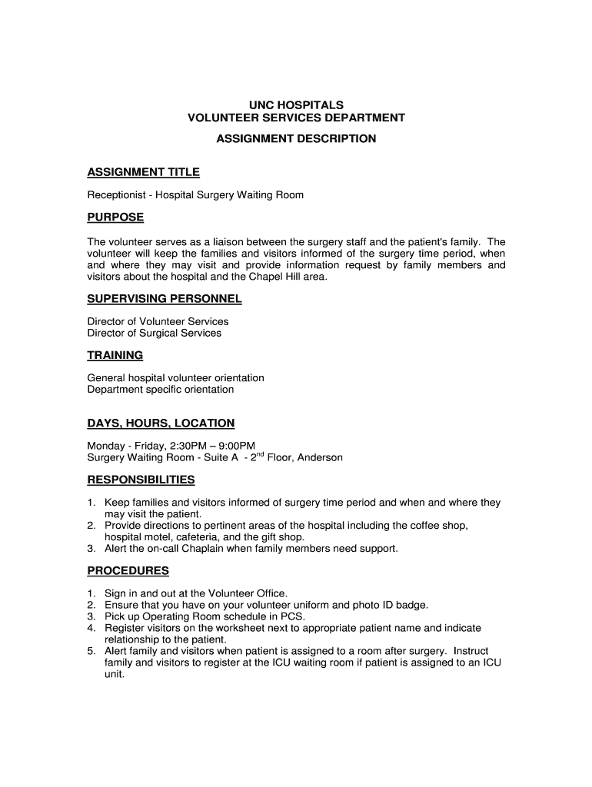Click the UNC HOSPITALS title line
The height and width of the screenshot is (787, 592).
pyautogui.click(x=296, y=105)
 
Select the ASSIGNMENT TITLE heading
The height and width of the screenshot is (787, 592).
pyautogui.click(x=143, y=172)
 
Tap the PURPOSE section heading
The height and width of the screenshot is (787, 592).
pyautogui.click(x=115, y=218)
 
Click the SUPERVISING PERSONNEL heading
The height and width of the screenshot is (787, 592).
pyautogui.click(x=165, y=298)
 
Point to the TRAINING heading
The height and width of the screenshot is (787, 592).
pyautogui.click(x=115, y=355)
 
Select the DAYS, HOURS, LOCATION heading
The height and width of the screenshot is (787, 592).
pyautogui.click(x=161, y=423)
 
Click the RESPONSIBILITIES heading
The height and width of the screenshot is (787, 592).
pyautogui.click(x=141, y=480)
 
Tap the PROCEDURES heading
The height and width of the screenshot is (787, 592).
pyautogui.click(x=128, y=571)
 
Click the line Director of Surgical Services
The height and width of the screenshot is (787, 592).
pyautogui.click(x=154, y=333)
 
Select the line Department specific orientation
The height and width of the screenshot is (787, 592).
pyautogui.click(x=160, y=390)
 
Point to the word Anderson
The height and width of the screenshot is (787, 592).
pyautogui.click(x=320, y=457)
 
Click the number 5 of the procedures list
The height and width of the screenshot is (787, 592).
pyautogui.click(x=91, y=650)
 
